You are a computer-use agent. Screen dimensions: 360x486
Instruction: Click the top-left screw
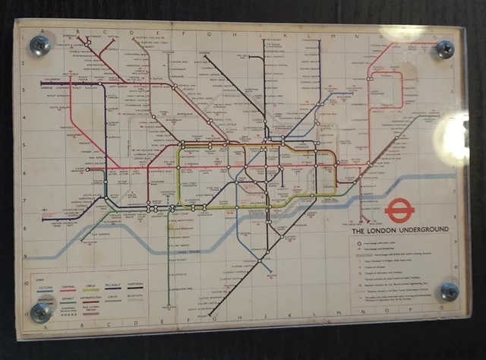(40, 46)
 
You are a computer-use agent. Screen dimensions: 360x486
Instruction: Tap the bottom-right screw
(449, 292)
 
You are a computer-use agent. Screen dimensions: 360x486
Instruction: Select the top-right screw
(444, 49)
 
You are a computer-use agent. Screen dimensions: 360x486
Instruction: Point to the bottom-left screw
(40, 311)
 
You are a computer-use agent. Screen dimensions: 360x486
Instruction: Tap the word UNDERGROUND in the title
(423, 229)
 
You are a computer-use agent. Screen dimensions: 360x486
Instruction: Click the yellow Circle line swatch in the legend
(91, 291)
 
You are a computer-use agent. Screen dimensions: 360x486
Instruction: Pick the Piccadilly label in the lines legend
(115, 286)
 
